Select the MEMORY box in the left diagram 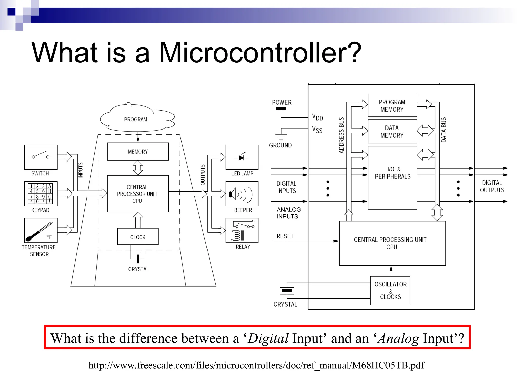pyautogui.click(x=138, y=152)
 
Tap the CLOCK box pyautogui.click(x=138, y=237)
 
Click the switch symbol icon pyautogui.click(x=41, y=157)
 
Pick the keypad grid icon pyautogui.click(x=41, y=193)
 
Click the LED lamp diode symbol pyautogui.click(x=242, y=157)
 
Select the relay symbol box pyautogui.click(x=242, y=230)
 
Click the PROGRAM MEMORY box pyautogui.click(x=392, y=105)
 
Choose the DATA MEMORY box pyautogui.click(x=392, y=132)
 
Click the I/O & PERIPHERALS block pyautogui.click(x=392, y=178)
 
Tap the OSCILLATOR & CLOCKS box pyautogui.click(x=390, y=291)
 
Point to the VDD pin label pyautogui.click(x=317, y=117)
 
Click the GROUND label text pyautogui.click(x=280, y=145)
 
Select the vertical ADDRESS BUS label pyautogui.click(x=341, y=135)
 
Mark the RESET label pyautogui.click(x=285, y=236)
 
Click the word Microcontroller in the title pyautogui.click(x=260, y=53)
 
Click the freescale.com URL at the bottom pyautogui.click(x=256, y=365)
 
